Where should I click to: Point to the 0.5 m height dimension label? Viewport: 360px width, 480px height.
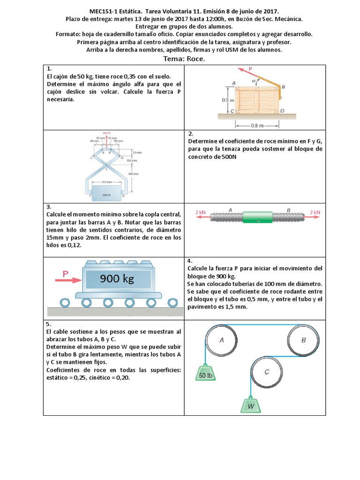(228, 100)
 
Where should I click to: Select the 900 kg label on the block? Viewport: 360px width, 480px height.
(117, 279)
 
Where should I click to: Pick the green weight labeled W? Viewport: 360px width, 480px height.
(251, 404)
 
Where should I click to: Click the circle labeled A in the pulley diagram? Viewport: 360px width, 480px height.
(222, 341)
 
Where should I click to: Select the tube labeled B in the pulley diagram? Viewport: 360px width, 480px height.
(304, 341)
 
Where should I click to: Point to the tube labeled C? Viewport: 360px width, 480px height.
(267, 372)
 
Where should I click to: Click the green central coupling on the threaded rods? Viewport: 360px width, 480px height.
(257, 217)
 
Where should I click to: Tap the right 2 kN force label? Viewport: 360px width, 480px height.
(315, 212)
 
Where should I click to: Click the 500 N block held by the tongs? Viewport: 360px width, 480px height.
(106, 193)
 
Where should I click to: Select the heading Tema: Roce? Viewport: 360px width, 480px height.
(184, 59)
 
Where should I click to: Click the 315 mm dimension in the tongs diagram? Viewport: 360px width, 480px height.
(106, 182)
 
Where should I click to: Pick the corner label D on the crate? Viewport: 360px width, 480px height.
(282, 111)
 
